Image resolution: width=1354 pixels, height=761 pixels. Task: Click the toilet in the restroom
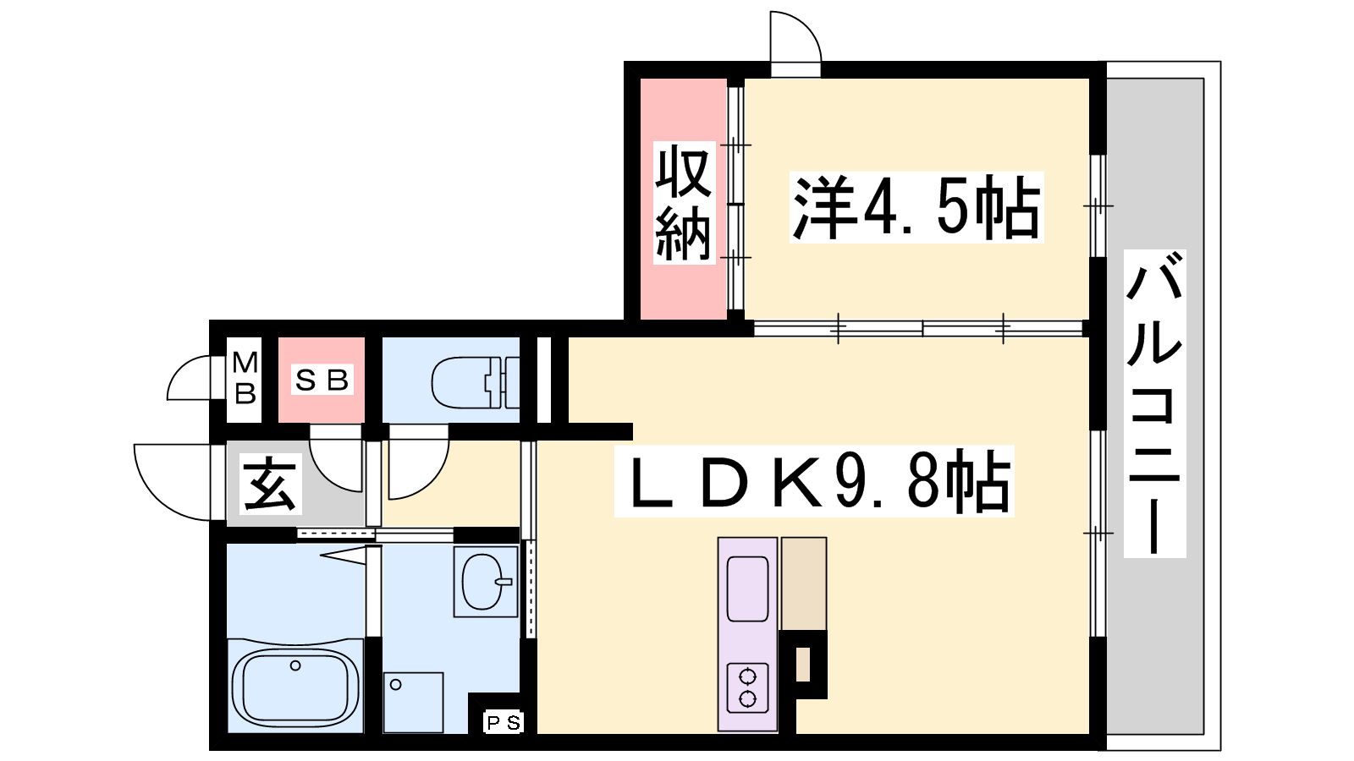(x=475, y=382)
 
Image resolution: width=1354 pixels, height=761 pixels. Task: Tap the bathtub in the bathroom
(x=295, y=687)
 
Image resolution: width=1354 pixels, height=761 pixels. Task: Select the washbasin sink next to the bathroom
(x=486, y=582)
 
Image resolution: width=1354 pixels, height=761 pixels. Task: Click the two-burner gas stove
(x=748, y=687)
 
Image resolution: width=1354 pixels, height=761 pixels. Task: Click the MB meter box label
(x=245, y=378)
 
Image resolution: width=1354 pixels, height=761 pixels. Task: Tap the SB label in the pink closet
(x=322, y=380)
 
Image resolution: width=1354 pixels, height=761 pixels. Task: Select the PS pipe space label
(x=504, y=722)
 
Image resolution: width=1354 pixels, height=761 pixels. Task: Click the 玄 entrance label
(x=270, y=484)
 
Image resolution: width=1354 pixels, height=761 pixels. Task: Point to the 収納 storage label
(x=684, y=204)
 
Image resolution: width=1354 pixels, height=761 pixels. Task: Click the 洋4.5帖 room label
(x=916, y=207)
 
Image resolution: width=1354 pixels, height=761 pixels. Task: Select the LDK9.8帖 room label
(x=814, y=481)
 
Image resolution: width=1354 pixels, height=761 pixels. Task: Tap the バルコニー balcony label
(x=1154, y=403)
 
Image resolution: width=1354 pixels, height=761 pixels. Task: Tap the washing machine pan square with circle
(x=414, y=703)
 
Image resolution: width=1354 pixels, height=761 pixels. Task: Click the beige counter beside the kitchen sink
(x=804, y=583)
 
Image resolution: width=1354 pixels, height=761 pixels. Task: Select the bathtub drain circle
(x=295, y=665)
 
